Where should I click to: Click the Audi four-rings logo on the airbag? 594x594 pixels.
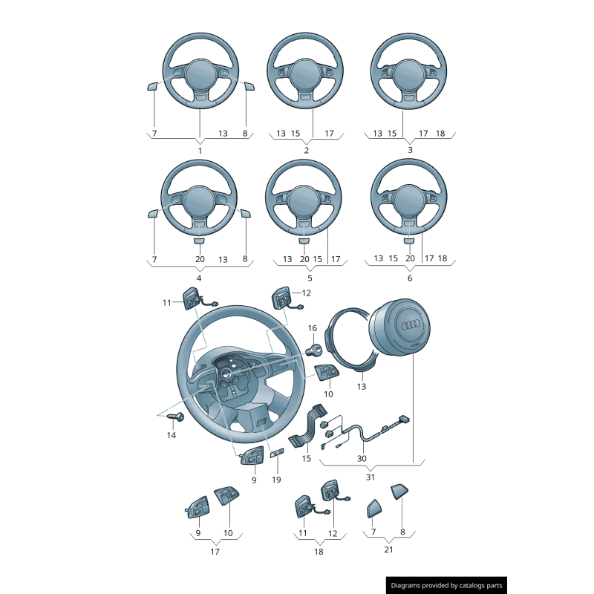(411, 324)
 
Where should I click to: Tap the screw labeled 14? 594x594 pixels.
(176, 417)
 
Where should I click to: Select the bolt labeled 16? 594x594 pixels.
(314, 350)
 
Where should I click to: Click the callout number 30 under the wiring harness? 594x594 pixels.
(362, 458)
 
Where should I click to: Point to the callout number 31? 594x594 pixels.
(371, 477)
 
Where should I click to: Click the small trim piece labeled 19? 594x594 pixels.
(277, 453)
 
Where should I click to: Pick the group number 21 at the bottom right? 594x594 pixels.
(388, 549)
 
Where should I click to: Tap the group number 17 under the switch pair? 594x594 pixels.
(215, 552)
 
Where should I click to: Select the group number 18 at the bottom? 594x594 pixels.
(319, 552)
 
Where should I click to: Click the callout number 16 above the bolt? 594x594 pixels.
(312, 328)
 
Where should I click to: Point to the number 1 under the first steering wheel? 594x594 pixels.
(200, 151)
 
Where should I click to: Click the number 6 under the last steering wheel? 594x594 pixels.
(410, 278)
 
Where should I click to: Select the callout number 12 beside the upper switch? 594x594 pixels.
(306, 293)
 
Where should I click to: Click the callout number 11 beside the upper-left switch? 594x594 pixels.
(166, 303)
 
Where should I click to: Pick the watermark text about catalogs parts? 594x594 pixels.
(446, 586)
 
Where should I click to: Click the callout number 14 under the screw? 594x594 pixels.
(172, 435)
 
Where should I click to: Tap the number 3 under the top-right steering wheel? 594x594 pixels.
(410, 150)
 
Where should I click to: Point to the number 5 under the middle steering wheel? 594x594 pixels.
(310, 278)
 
